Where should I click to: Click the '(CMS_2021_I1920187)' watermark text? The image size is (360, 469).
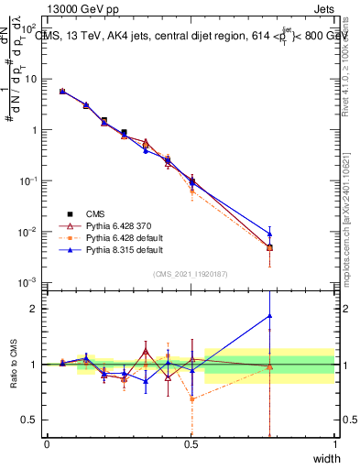(x=191, y=273)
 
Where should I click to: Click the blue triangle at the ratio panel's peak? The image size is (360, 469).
(x=269, y=316)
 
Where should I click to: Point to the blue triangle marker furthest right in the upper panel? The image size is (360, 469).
(x=269, y=234)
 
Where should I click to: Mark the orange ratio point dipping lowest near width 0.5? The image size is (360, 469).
(x=191, y=399)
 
